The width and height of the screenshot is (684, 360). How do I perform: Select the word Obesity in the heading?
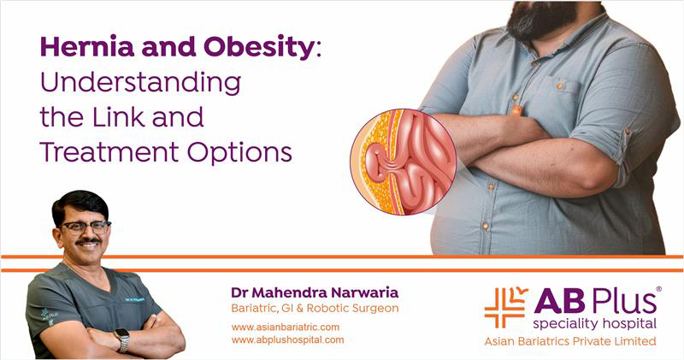click(259, 48)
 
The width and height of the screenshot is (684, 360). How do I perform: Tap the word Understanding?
click(140, 83)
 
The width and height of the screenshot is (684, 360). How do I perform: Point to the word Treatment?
click(109, 152)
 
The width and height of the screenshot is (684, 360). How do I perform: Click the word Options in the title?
click(239, 153)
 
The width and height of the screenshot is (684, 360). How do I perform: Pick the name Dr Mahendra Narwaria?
click(315, 292)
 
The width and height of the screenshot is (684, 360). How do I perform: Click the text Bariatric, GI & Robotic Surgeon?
click(315, 308)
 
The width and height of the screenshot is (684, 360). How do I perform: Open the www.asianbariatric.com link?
click(286, 327)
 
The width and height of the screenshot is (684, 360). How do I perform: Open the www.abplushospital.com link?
click(287, 339)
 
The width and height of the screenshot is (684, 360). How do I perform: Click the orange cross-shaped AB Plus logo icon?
click(505, 307)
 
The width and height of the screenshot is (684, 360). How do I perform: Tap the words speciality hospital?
click(594, 324)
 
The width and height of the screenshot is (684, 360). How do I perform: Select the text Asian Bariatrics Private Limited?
click(570, 341)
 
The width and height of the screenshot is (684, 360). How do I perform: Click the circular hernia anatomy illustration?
click(403, 162)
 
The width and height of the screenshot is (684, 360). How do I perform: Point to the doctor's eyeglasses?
click(85, 227)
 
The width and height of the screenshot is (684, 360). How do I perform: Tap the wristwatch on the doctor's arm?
click(122, 340)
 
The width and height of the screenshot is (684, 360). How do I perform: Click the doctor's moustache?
click(88, 240)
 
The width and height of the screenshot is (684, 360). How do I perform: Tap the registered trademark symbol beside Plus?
click(658, 289)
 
